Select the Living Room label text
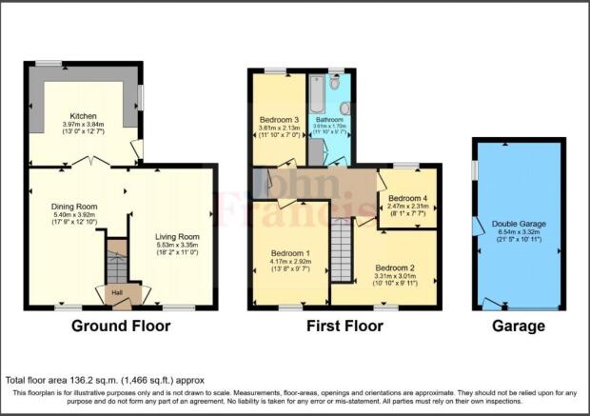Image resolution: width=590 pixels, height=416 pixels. [x=176, y=237]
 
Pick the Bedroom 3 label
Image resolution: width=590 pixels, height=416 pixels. [x=280, y=120]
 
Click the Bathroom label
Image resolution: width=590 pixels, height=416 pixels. [x=328, y=119]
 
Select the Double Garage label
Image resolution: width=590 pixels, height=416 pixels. [x=520, y=224]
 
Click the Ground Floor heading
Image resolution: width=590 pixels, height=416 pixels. [x=121, y=327]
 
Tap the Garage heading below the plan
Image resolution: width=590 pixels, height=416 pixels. [x=519, y=327]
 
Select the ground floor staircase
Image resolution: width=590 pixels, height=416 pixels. [x=115, y=260]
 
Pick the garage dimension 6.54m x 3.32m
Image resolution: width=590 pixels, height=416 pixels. [x=520, y=233]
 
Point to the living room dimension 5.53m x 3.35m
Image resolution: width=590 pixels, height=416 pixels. [x=176, y=247]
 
